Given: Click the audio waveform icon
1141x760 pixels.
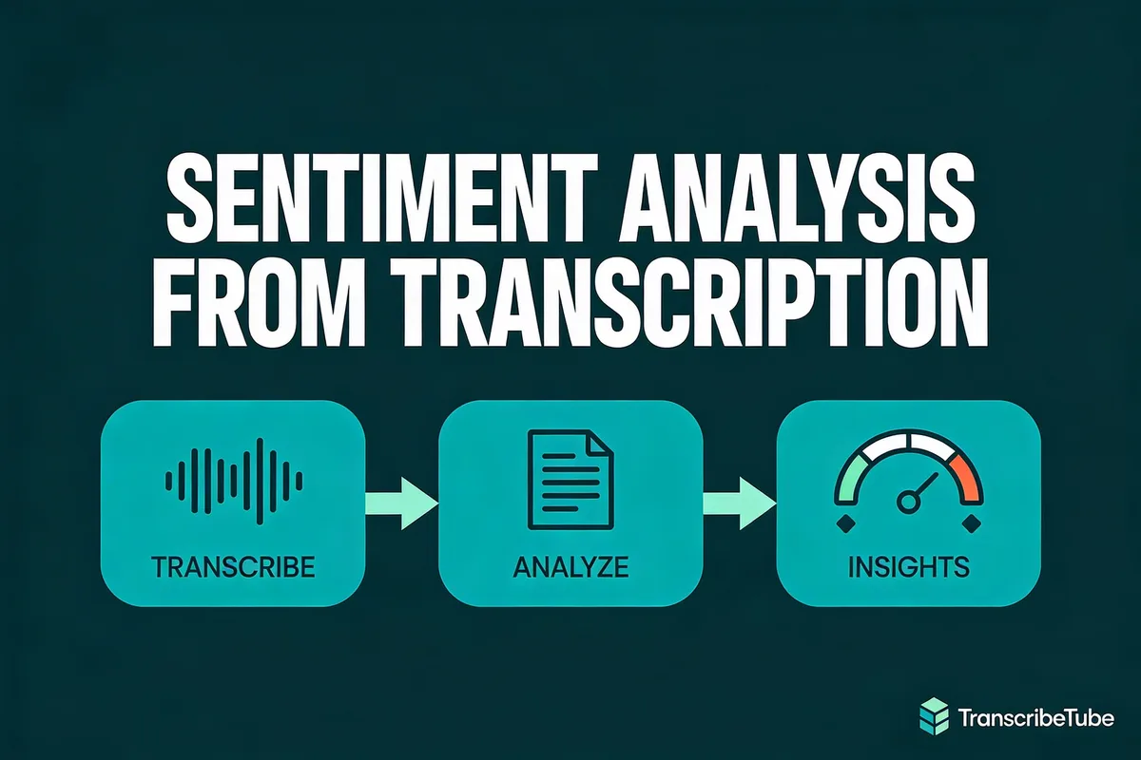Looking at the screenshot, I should click(x=234, y=472).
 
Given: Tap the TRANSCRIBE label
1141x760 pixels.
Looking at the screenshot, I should click(x=233, y=569).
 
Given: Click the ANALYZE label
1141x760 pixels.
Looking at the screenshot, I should click(x=570, y=569).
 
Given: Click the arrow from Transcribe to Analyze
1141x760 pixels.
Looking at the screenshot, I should click(x=400, y=503).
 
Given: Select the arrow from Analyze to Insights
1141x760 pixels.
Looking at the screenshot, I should click(x=738, y=503).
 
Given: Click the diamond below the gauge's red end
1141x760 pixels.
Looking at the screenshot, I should click(x=971, y=524).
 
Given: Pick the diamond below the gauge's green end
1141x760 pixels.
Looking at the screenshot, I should click(x=843, y=524).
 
